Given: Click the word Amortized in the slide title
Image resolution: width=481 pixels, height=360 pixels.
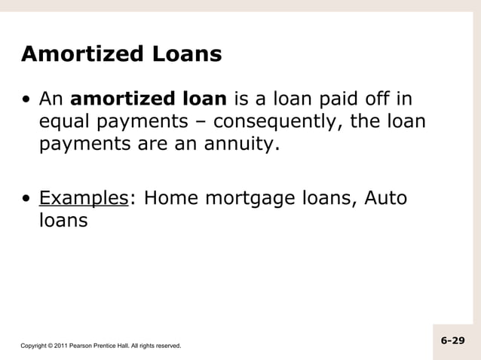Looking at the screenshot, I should [x=73, y=55].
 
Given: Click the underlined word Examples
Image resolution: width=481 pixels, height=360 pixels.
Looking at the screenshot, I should [x=83, y=199].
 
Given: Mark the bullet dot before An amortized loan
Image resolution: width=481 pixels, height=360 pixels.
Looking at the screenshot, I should [x=27, y=100].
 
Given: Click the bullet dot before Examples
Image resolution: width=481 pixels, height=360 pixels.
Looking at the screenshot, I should [x=27, y=200].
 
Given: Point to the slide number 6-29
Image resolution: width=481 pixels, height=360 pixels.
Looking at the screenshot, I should [x=452, y=340].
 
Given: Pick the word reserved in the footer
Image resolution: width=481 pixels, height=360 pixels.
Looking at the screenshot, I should [x=166, y=346].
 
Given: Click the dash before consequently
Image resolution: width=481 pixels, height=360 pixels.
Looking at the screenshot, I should [x=204, y=122].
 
